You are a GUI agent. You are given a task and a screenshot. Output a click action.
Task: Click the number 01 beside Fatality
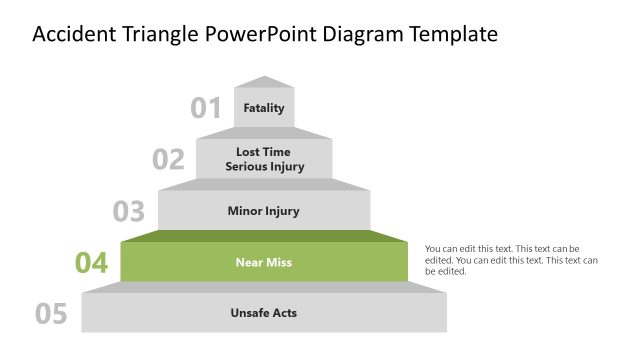(206, 108)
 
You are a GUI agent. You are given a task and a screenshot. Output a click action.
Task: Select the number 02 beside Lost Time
(168, 159)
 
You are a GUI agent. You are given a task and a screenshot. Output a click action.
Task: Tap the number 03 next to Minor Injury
(129, 211)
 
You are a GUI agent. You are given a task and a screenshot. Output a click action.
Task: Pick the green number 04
(91, 263)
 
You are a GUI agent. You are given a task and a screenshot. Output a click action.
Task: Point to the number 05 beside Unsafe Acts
(51, 314)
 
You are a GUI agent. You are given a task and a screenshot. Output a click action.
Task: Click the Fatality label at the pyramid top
(264, 108)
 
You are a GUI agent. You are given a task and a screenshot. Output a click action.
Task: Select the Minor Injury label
(264, 211)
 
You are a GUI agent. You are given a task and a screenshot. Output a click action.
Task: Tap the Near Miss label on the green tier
(264, 263)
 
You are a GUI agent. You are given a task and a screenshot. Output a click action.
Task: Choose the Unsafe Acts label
(264, 313)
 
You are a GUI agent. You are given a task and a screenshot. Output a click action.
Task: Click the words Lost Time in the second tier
(264, 152)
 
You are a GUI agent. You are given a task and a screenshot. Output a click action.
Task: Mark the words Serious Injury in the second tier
(264, 166)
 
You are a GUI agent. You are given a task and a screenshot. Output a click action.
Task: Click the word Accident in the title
(73, 35)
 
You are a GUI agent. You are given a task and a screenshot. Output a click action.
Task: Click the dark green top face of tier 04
(264, 236)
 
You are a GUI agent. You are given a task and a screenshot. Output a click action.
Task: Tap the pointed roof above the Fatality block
(264, 82)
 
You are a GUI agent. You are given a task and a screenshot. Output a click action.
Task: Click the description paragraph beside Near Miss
(511, 259)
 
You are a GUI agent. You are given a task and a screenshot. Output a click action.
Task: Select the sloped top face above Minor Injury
(264, 184)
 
